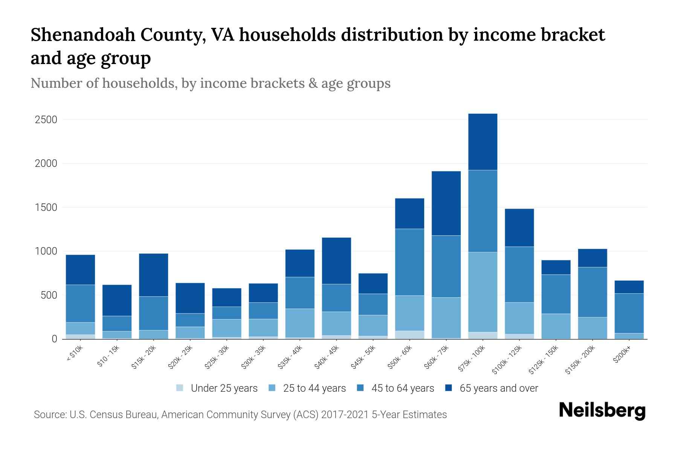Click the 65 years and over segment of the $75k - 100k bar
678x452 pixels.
pyautogui.click(x=483, y=142)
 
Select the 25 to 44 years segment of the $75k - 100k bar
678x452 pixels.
pyautogui.click(x=483, y=292)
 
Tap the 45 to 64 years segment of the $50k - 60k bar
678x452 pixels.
pyautogui.click(x=409, y=262)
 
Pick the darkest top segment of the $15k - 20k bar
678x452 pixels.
pyautogui.click(x=153, y=275)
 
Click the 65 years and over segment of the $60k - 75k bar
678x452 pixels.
pyautogui.click(x=446, y=203)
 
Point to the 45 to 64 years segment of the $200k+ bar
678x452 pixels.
pyautogui.click(x=629, y=313)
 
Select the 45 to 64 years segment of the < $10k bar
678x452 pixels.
pyautogui.click(x=80, y=304)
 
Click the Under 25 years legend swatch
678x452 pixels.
pyautogui.click(x=180, y=388)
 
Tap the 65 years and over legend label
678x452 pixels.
pyautogui.click(x=498, y=388)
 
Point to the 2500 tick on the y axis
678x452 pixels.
pyautogui.click(x=46, y=120)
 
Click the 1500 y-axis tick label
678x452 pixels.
pyautogui.click(x=46, y=208)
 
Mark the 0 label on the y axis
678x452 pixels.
pyautogui.click(x=54, y=339)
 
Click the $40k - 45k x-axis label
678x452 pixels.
pyautogui.click(x=327, y=358)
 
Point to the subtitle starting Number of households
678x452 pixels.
pyautogui.click(x=210, y=83)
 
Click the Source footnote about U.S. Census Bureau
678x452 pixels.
pyautogui.click(x=240, y=415)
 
